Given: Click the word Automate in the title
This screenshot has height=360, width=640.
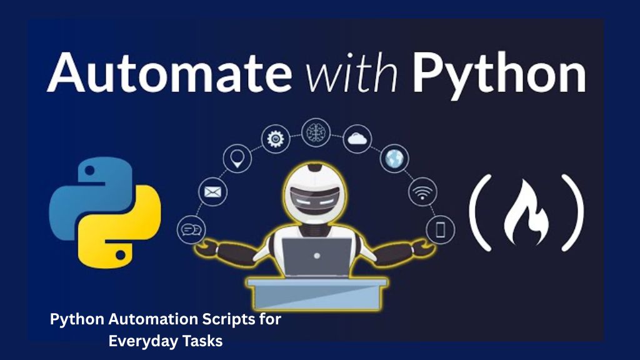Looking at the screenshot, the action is coord(169,72).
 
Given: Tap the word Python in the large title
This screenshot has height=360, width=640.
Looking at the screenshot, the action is coord(499,76).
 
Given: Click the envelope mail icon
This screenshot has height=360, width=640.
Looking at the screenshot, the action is coord(212,192).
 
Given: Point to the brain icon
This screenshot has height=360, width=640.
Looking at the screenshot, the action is coord(316,132).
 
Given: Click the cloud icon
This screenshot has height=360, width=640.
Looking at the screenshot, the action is coord(357,139).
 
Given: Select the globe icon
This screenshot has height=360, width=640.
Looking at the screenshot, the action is coord(394,158).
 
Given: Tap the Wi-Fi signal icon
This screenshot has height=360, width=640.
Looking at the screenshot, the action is coord(422,192).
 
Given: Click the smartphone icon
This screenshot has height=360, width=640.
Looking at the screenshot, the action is coord(441,230).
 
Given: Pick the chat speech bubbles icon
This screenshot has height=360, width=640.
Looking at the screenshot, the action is coord(191,230).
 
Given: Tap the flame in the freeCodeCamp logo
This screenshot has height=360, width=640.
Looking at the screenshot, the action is coord(527,212).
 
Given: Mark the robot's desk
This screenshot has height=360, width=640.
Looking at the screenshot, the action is coord(317,294).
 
